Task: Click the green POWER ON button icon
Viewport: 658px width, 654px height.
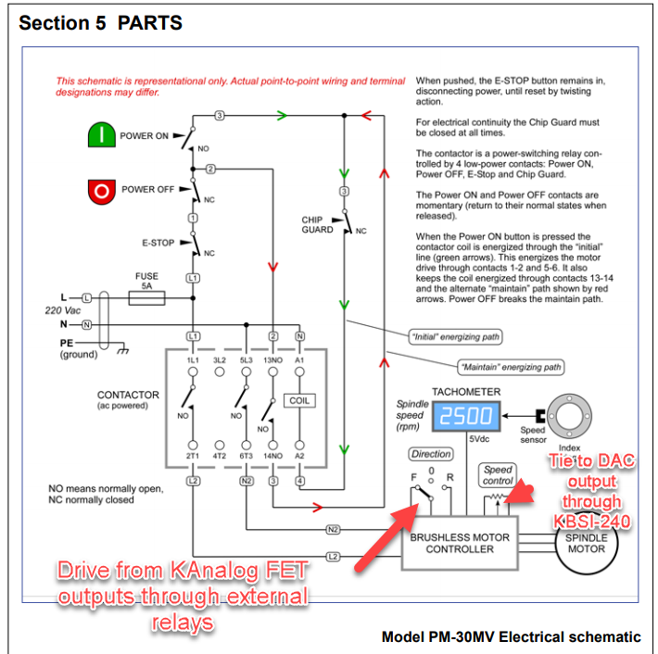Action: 99,136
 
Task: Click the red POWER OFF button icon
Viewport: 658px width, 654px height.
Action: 99,190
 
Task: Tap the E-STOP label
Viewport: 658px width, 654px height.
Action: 158,243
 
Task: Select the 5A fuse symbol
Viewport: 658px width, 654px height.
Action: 146,297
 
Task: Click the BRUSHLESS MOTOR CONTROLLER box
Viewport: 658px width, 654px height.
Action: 460,543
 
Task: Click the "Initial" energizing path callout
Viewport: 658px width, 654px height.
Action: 456,336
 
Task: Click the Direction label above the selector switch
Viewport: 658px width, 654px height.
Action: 431,455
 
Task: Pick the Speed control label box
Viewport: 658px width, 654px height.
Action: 498,475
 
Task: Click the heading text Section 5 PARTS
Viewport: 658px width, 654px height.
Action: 100,22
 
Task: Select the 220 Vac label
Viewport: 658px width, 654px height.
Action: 62,311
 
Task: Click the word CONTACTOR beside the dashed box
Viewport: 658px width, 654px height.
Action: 128,395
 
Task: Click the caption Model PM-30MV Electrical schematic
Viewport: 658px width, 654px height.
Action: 511,636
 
